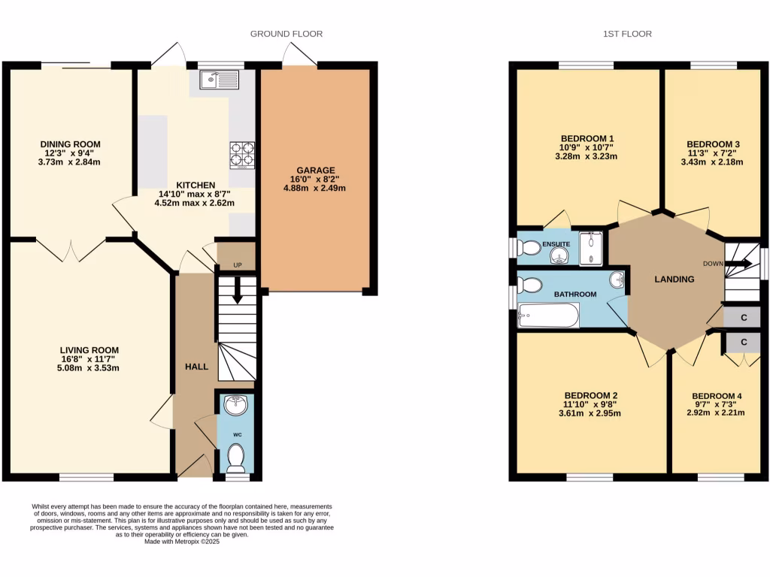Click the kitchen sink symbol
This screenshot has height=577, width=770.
pyautogui.click(x=219, y=79)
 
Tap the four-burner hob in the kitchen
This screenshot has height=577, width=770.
pyautogui.click(x=242, y=153)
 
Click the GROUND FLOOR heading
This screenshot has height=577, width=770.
pyautogui.click(x=286, y=34)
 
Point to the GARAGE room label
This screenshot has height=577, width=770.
pyautogui.click(x=316, y=171)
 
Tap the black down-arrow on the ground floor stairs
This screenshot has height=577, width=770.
pyautogui.click(x=238, y=290)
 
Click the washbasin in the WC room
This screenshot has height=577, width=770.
pyautogui.click(x=236, y=405)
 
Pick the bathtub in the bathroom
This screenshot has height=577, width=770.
pyautogui.click(x=548, y=315)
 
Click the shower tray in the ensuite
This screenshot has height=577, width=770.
pyautogui.click(x=591, y=249)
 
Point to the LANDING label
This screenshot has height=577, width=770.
pyautogui.click(x=675, y=279)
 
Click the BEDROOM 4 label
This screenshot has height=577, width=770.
pyautogui.click(x=717, y=396)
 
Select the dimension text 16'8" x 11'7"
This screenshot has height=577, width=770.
pyautogui.click(x=90, y=359)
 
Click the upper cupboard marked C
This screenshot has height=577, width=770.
pyautogui.click(x=743, y=318)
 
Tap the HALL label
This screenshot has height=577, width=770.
pyautogui.click(x=196, y=365)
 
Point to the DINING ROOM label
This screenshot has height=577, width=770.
pyautogui.click(x=71, y=144)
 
